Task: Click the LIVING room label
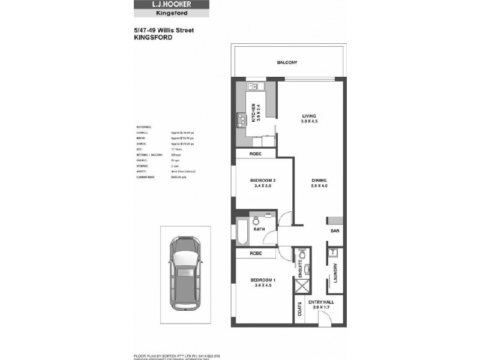(309, 116)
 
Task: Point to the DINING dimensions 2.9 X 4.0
(319, 187)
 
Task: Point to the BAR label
(334, 230)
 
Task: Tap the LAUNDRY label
(337, 274)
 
